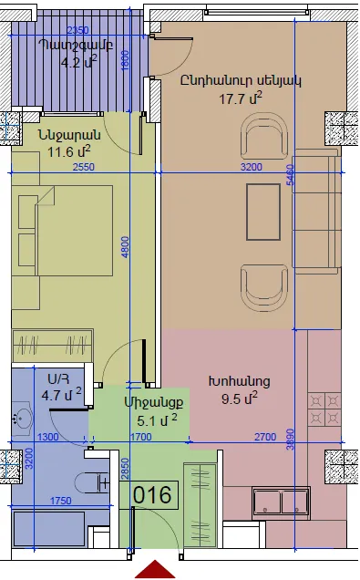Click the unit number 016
pyautogui.click(x=152, y=495)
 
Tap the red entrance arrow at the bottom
pyautogui.click(x=155, y=570)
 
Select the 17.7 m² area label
pyautogui.click(x=241, y=98)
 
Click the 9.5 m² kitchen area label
pyautogui.click(x=240, y=399)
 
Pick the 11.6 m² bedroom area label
pyautogui.click(x=68, y=151)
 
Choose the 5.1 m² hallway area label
pyautogui.click(x=157, y=420)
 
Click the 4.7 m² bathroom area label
pyautogui.click(x=61, y=394)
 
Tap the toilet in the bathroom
pyautogui.click(x=92, y=483)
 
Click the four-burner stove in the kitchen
pyautogui.click(x=324, y=409)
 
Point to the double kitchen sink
pyautogui.click(x=281, y=502)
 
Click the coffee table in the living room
pyautogui.click(x=263, y=212)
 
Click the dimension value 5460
pyautogui.click(x=291, y=175)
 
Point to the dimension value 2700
pyautogui.click(x=265, y=437)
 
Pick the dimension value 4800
pyautogui.click(x=125, y=247)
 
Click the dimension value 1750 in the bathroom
pyautogui.click(x=61, y=501)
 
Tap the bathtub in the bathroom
pyautogui.click(x=50, y=528)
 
